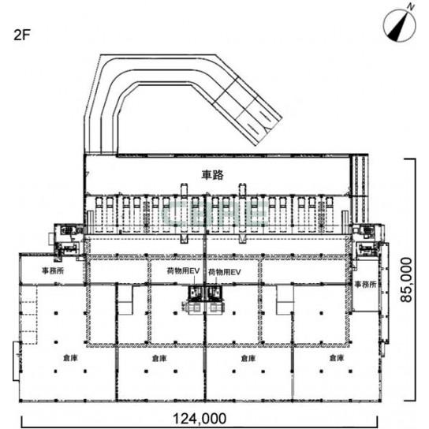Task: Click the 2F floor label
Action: pyautogui.click(x=21, y=35)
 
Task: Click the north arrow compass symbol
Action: pyautogui.click(x=400, y=26)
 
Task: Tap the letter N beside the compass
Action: pyautogui.click(x=410, y=7)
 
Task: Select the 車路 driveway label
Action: pyautogui.click(x=213, y=175)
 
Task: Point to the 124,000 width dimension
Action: pyautogui.click(x=200, y=418)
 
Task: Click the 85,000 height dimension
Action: pyautogui.click(x=406, y=280)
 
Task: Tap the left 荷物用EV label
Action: pyautogui.click(x=183, y=270)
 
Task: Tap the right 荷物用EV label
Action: pyautogui.click(x=225, y=272)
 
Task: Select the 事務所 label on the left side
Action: pyautogui.click(x=53, y=270)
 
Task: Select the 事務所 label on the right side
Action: pyautogui.click(x=366, y=284)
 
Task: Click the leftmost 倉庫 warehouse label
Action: pyautogui.click(x=71, y=358)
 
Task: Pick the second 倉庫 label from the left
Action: pyautogui.click(x=159, y=358)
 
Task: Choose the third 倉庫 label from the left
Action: pyautogui.click(x=248, y=358)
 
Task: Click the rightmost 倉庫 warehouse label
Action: pyautogui.click(x=337, y=357)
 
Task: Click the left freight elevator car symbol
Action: pyautogui.click(x=196, y=293)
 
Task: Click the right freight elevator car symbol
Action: pyautogui.click(x=214, y=293)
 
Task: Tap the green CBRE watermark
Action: pyautogui.click(x=215, y=213)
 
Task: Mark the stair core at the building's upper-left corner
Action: pyautogui.click(x=69, y=241)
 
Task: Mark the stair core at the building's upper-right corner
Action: pyautogui.click(x=367, y=241)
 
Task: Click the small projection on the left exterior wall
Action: pyautogui.click(x=16, y=360)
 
